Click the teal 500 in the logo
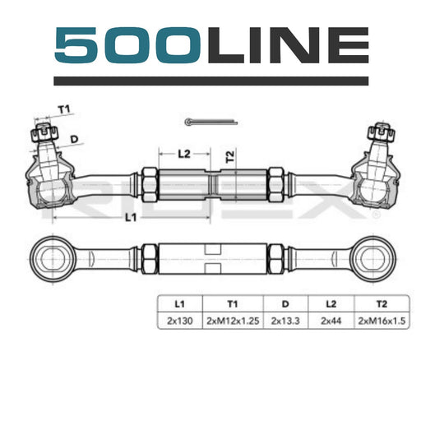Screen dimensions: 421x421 (x=127, y=45)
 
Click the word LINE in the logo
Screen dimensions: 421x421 (x=288, y=45)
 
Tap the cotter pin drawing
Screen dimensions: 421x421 (x=211, y=122)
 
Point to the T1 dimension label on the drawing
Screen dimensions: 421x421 (x=64, y=110)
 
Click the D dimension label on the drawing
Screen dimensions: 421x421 (x=74, y=140)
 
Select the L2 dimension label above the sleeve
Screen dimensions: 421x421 (x=184, y=154)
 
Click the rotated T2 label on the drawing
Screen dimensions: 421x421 (x=230, y=156)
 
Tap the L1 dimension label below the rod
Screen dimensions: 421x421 (x=131, y=218)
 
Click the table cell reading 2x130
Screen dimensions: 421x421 (x=180, y=321)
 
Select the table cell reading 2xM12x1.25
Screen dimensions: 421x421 (x=233, y=321)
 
